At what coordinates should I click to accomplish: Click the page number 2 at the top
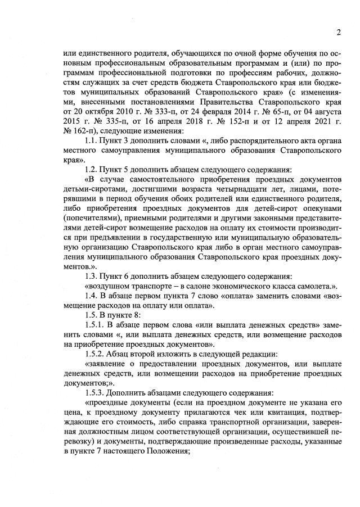[x=339, y=32]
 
